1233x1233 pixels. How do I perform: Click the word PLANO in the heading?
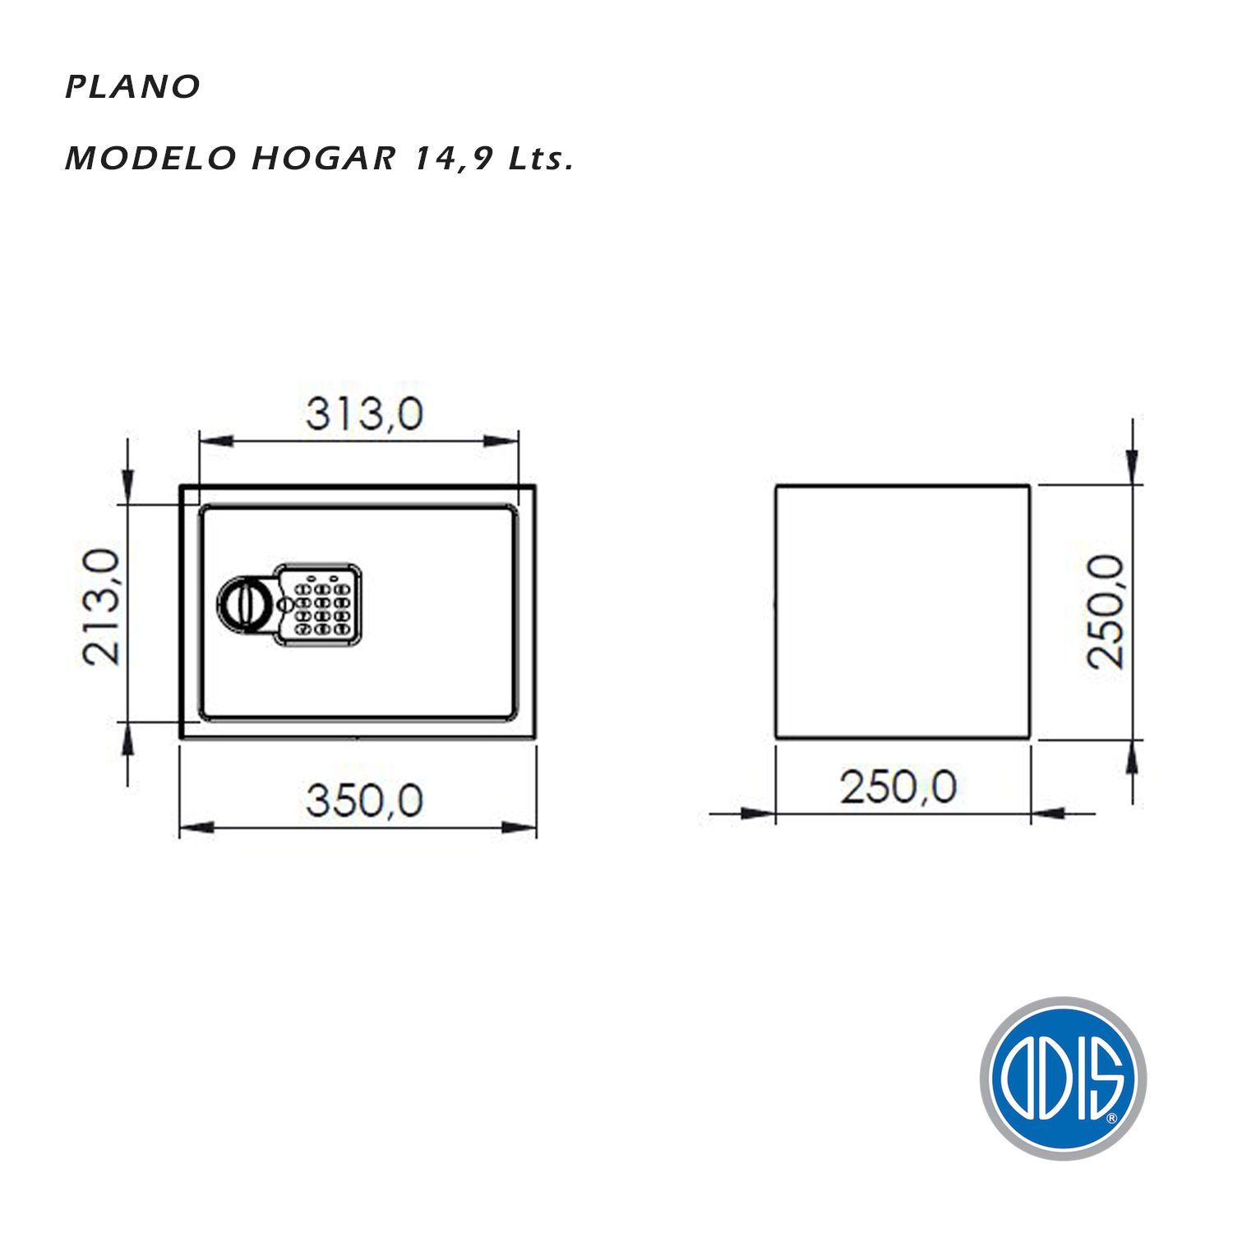132,87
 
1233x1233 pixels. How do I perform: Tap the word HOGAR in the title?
322,159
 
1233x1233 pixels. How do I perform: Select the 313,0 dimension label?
364,414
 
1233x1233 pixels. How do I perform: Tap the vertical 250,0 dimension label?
1104,611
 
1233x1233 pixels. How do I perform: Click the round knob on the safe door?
242,605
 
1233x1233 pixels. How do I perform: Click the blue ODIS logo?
1062,1078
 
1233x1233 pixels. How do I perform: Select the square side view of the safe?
903,612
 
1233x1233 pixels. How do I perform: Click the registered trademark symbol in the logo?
1111,1118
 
